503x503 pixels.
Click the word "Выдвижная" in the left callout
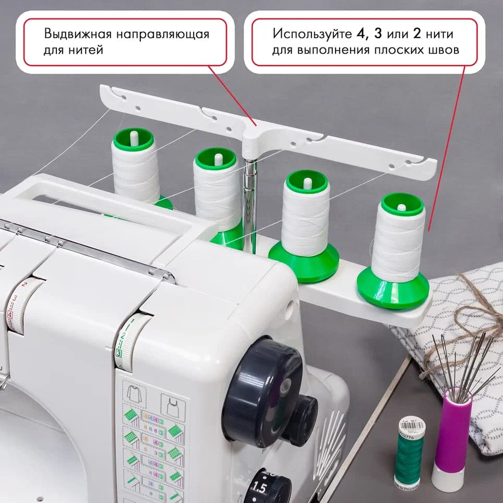[x=76, y=34]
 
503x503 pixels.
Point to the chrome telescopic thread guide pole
[x=249, y=203]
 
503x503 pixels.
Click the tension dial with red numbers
[x=19, y=308]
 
